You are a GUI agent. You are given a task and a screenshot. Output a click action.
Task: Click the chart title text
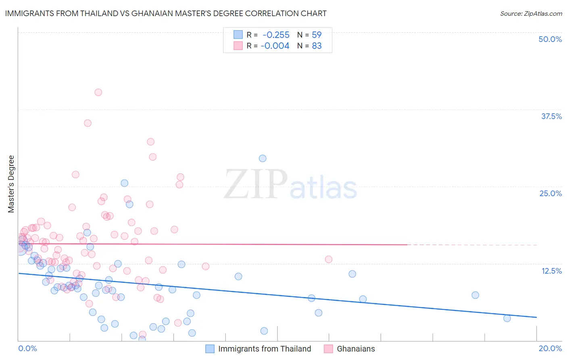166,13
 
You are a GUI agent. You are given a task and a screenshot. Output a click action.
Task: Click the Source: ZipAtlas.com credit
531,13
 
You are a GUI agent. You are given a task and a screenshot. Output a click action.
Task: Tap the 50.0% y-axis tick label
550,39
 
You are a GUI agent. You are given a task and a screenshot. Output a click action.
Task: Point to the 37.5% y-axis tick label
551,116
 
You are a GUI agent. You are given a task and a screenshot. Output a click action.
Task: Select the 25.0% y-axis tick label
550,193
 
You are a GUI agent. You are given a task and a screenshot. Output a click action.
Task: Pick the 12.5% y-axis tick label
551,271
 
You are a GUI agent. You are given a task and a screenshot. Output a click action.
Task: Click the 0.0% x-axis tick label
27,348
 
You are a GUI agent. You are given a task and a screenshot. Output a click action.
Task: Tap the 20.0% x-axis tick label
550,348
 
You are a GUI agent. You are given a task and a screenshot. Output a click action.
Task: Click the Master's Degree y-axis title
11,184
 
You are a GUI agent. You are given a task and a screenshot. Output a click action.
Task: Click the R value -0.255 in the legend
276,35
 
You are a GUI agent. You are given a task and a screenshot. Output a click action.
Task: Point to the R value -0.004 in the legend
275,46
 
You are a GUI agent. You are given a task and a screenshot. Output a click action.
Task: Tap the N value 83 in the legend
317,46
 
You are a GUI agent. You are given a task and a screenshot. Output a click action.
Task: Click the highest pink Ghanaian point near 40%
98,92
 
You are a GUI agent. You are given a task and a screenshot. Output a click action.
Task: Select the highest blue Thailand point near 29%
263,158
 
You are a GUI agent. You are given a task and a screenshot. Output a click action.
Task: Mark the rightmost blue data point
507,318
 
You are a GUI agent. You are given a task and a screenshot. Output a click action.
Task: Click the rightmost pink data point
328,259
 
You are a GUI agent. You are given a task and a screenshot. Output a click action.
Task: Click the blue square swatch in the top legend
238,35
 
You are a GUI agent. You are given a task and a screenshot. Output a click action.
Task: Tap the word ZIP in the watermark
255,184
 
